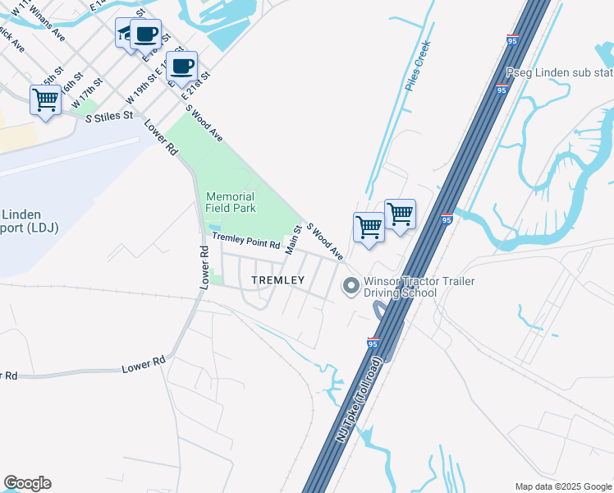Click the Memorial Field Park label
231,202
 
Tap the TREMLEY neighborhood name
277,280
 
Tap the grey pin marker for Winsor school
351,287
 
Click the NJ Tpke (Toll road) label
358,400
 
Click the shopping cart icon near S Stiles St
46,100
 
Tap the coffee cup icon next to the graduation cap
146,35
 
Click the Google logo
27,483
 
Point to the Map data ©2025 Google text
561,486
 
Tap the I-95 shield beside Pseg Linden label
501,90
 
